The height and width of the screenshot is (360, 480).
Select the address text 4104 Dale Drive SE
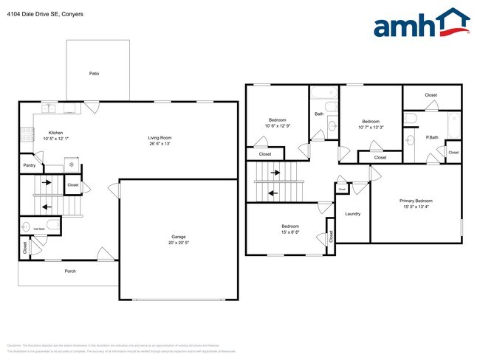[29, 13]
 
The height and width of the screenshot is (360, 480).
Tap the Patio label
[94, 74]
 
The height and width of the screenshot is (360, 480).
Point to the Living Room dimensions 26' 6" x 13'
[160, 144]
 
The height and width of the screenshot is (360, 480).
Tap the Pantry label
[30, 165]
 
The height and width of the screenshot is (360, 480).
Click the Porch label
[70, 271]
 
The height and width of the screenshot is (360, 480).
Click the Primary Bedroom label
[416, 201]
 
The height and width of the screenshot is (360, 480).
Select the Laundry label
[352, 214]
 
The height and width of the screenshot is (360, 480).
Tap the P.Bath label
[432, 137]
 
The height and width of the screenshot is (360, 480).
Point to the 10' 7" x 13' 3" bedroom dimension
[371, 126]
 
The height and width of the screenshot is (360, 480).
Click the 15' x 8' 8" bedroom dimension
[289, 232]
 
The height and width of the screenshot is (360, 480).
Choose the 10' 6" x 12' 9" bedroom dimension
[278, 125]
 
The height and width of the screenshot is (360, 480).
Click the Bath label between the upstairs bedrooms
[319, 114]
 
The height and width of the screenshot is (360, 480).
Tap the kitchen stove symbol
[28, 134]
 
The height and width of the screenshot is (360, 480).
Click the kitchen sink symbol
[49, 108]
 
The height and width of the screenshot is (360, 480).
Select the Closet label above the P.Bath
[431, 95]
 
